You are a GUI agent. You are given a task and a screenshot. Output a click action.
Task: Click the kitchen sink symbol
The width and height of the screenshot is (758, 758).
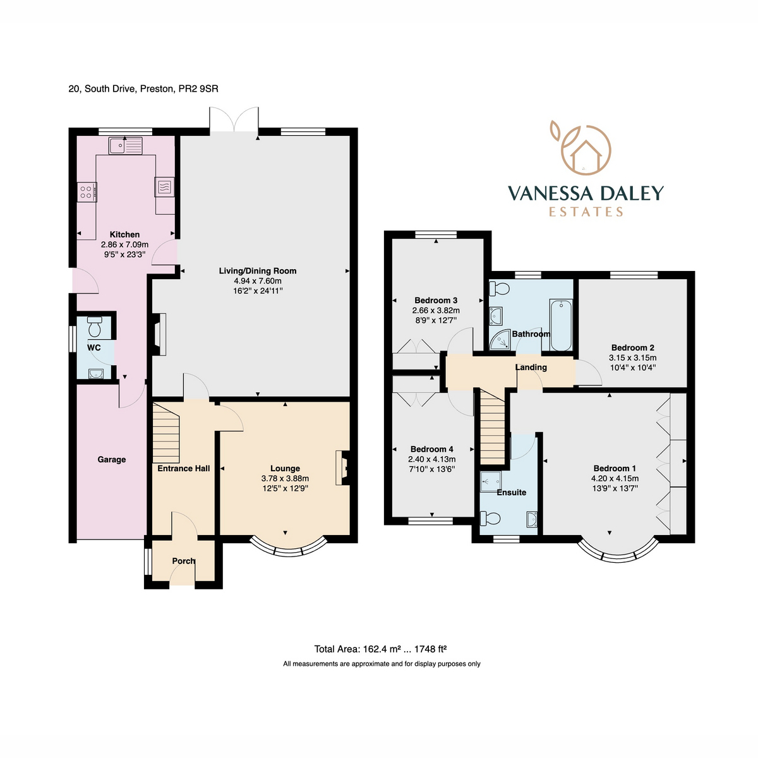click(x=126, y=147)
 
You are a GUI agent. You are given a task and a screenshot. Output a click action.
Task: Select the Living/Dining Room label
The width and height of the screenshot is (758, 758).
click(x=257, y=271)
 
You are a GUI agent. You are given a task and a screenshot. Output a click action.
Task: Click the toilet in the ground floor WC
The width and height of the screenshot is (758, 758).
click(x=95, y=328)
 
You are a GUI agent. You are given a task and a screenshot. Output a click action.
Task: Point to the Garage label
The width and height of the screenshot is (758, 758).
click(x=112, y=460)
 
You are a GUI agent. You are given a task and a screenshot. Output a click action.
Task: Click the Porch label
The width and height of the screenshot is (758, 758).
click(x=183, y=561)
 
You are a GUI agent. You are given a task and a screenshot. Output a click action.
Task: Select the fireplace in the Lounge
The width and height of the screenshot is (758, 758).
click(x=343, y=467)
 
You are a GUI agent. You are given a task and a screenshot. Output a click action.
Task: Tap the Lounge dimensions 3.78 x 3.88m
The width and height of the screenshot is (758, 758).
click(x=285, y=479)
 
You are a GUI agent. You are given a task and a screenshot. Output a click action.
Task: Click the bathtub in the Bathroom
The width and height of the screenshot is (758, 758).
click(x=561, y=325)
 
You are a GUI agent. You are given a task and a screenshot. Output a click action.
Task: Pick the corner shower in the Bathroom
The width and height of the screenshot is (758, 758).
click(x=501, y=339)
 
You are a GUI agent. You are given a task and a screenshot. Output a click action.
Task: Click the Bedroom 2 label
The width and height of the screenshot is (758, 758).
click(x=632, y=347)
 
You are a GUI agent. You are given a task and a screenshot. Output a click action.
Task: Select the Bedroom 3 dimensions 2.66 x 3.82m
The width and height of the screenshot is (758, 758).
click(x=436, y=310)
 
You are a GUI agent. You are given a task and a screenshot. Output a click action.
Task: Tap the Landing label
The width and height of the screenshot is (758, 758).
click(x=531, y=367)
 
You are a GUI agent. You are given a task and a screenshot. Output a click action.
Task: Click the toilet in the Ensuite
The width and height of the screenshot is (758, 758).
click(x=490, y=519)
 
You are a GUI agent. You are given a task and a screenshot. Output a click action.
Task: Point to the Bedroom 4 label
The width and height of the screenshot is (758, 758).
click(x=432, y=449)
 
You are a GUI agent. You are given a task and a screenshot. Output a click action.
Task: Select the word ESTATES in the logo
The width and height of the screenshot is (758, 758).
click(x=586, y=212)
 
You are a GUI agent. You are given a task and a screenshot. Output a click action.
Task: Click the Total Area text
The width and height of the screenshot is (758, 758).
click(x=381, y=649)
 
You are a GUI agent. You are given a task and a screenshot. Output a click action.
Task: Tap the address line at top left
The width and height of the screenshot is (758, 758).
click(x=143, y=89)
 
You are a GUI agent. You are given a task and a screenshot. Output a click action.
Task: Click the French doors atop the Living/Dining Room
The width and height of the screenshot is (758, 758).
click(x=234, y=120)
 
